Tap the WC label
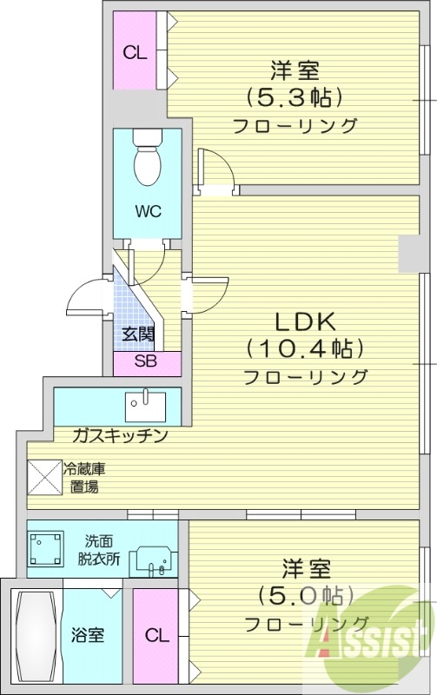[x=147, y=212]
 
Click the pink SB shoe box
[x=147, y=362]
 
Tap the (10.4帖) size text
[x=304, y=349]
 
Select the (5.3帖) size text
[x=294, y=96]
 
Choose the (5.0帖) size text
[x=304, y=596]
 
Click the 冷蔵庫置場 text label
[x=85, y=477]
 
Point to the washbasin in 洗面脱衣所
[x=152, y=562]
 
